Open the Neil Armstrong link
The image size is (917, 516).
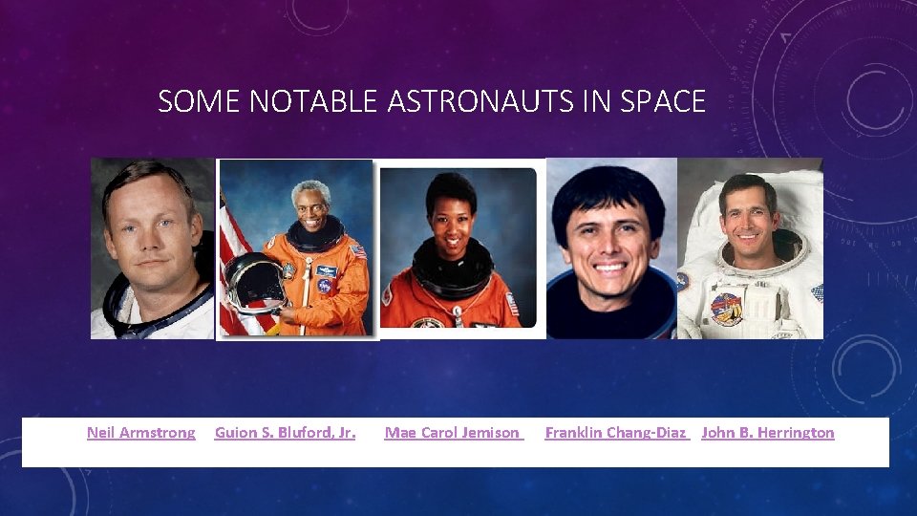pyautogui.click(x=140, y=433)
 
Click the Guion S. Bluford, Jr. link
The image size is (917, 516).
pyautogui.click(x=285, y=433)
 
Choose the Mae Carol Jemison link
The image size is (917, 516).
pyautogui.click(x=454, y=433)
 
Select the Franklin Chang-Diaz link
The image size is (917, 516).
pyautogui.click(x=616, y=433)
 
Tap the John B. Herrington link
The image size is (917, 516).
pyautogui.click(x=767, y=433)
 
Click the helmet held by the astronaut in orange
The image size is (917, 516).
pyautogui.click(x=253, y=283)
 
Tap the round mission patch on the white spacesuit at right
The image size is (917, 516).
pyautogui.click(x=725, y=308)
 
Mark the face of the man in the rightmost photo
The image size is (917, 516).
pyautogui.click(x=750, y=218)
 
